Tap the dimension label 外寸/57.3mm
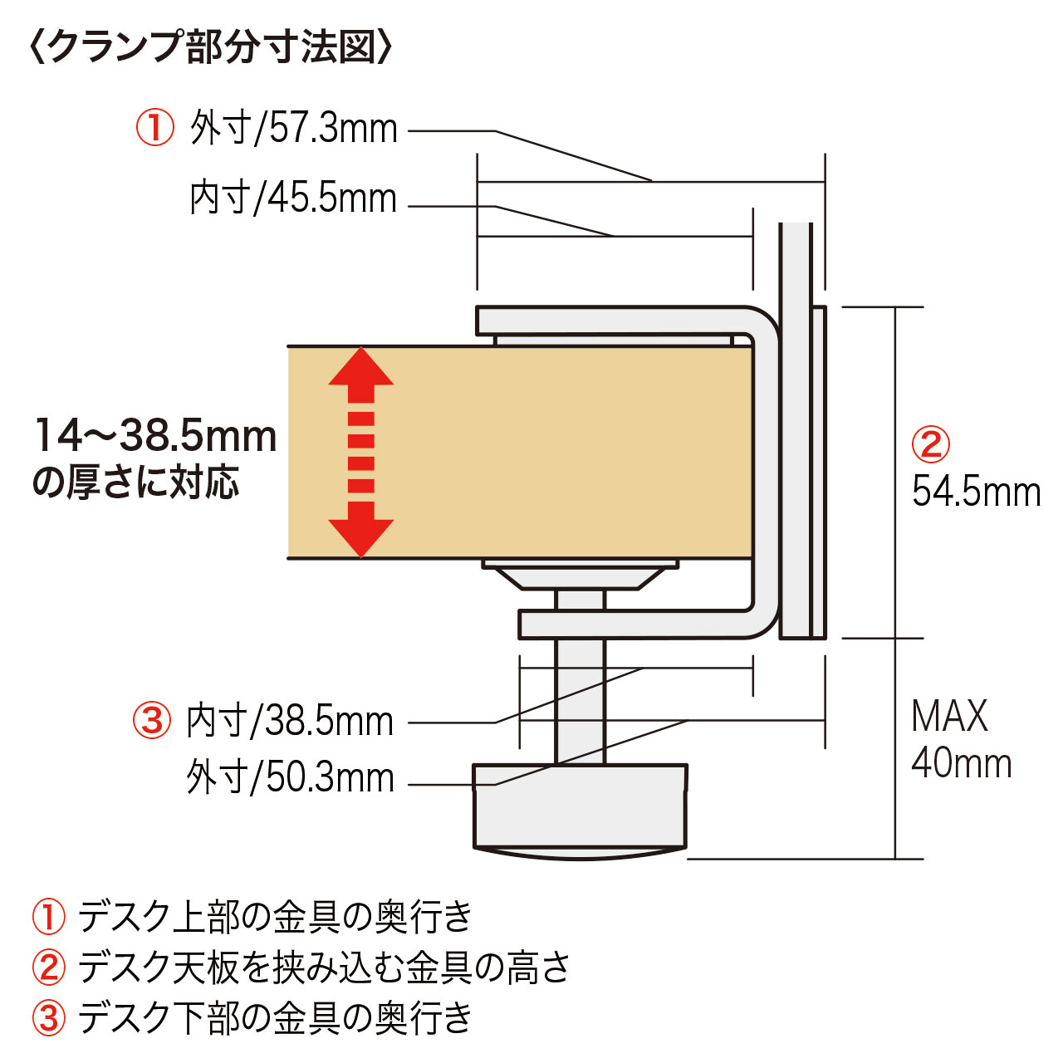[293, 129]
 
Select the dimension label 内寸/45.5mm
[293, 198]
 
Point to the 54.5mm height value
[976, 492]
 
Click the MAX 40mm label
[961, 739]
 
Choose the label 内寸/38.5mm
[290, 722]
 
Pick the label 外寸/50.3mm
[290, 778]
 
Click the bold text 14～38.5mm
[155, 436]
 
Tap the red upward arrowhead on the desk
[360, 366]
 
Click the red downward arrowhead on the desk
[360, 538]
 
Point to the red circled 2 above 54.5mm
[931, 444]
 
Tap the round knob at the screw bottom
[580, 811]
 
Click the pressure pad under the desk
[580, 575]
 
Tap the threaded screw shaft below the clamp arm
[580, 701]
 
